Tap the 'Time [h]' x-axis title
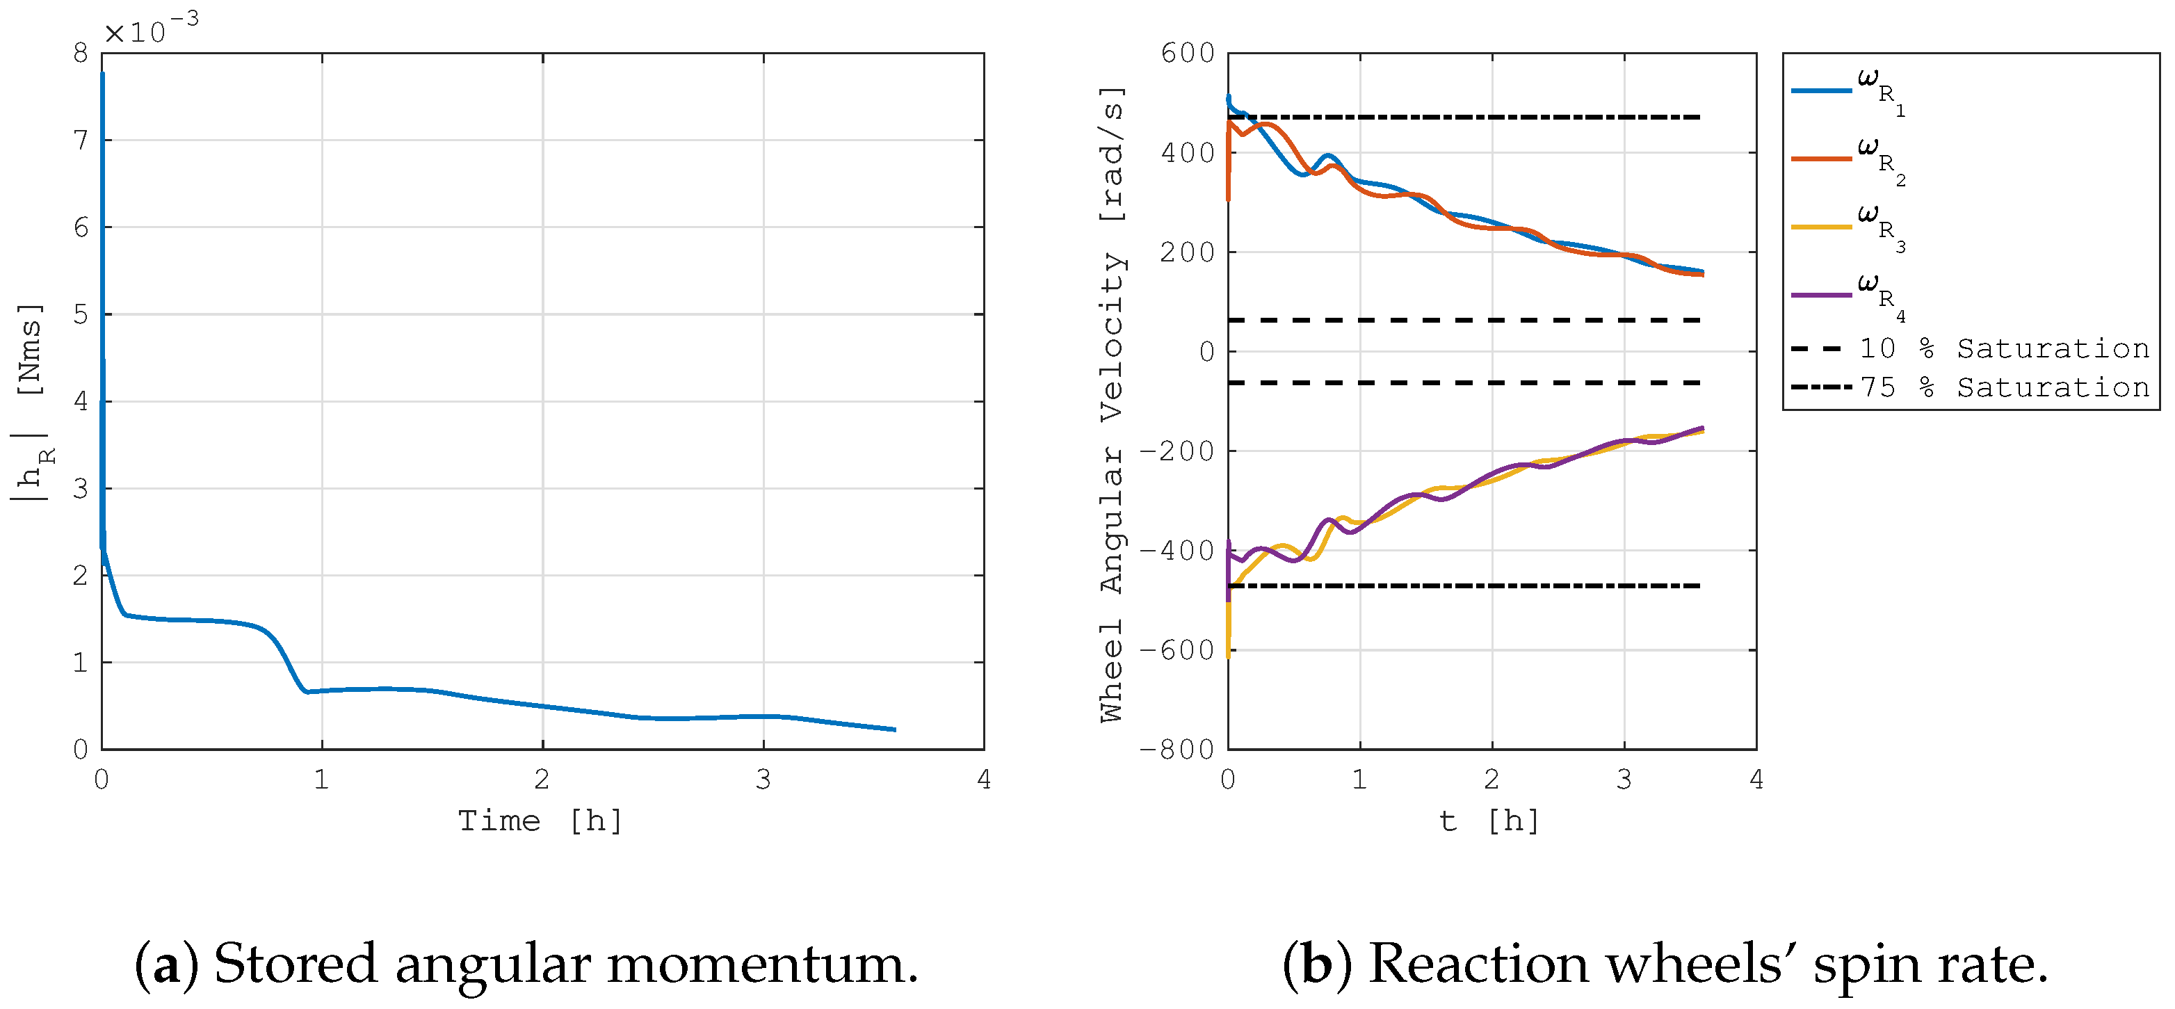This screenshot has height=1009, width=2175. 540,821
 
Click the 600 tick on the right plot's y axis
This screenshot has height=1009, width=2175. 1187,53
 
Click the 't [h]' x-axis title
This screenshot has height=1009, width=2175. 1489,821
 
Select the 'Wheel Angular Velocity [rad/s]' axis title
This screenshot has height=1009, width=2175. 1113,403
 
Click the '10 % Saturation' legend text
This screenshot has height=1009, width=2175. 2004,348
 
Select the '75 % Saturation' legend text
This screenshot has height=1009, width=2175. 2004,387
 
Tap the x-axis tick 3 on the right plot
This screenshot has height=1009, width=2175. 1624,780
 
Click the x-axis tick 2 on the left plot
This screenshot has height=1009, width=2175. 542,780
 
